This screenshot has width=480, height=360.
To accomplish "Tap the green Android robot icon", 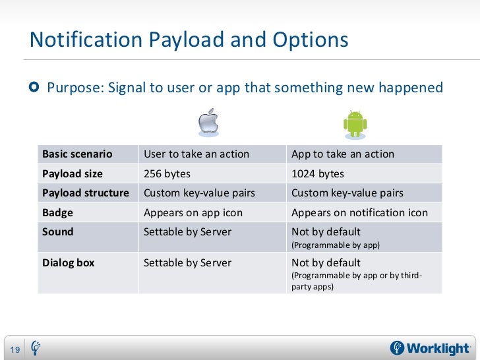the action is pyautogui.click(x=355, y=123).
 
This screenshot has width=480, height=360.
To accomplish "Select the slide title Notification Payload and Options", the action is pyautogui.click(x=189, y=40).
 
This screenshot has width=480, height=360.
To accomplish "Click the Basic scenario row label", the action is pyautogui.click(x=77, y=154).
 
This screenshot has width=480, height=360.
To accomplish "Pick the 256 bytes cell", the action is pyautogui.click(x=167, y=174).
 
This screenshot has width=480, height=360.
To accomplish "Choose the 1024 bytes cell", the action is pyautogui.click(x=317, y=174).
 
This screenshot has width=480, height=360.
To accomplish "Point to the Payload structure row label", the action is pyautogui.click(x=86, y=193).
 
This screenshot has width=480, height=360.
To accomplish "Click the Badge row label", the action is pyautogui.click(x=57, y=213).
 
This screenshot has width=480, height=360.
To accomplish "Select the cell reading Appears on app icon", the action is pyautogui.click(x=193, y=213).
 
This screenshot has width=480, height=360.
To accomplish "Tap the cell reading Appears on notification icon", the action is pyautogui.click(x=359, y=213).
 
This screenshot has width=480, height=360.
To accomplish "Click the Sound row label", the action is pyautogui.click(x=58, y=232).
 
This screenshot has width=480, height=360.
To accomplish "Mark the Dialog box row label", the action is pyautogui.click(x=69, y=262).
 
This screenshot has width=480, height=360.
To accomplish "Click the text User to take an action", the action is pyautogui.click(x=196, y=154).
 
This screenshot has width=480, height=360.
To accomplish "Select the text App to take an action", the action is pyautogui.click(x=343, y=154).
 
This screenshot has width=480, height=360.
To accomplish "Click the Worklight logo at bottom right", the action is pyautogui.click(x=431, y=347).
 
